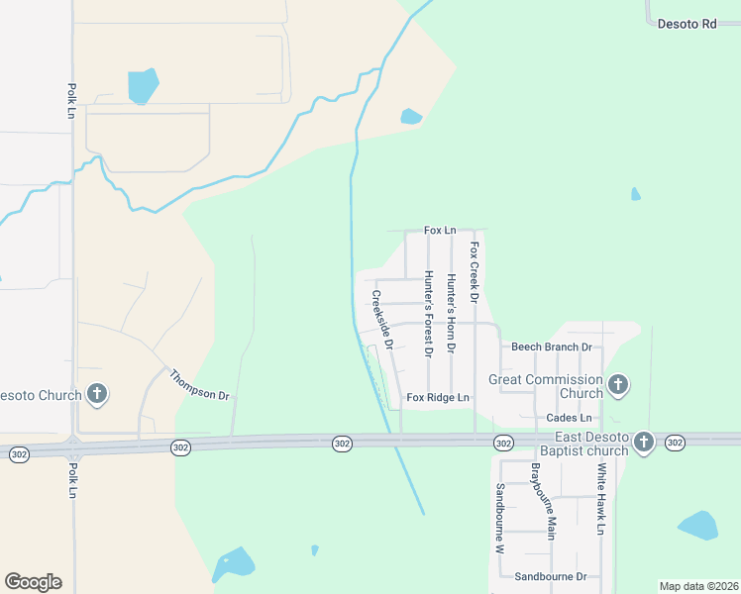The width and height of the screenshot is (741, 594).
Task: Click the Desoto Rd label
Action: coord(687,24)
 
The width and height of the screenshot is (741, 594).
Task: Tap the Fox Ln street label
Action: coord(440,231)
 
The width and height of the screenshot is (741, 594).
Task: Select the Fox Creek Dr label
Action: coord(475,272)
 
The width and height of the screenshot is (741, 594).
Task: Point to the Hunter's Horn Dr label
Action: coord(451,313)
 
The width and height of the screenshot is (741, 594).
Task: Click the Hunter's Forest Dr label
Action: coord(429,314)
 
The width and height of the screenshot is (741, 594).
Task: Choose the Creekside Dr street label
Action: coord(383,320)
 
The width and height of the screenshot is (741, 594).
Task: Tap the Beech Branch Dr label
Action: coord(551,347)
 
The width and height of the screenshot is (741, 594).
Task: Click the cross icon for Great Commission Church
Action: coord(618,384)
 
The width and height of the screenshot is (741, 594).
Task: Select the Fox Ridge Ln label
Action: coord(437,398)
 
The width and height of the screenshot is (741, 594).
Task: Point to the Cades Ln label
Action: coord(569,419)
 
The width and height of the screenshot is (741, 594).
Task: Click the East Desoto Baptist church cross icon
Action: coord(644,442)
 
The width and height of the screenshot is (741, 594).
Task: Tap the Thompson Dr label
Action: coord(199,385)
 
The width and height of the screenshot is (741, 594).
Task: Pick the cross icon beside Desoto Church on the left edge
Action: coord(97,395)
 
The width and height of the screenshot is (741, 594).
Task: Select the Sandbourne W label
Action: coord(501,518)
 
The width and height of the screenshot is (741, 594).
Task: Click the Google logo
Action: coord(33,582)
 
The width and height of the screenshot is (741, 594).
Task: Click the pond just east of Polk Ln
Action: coord(143,86)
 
